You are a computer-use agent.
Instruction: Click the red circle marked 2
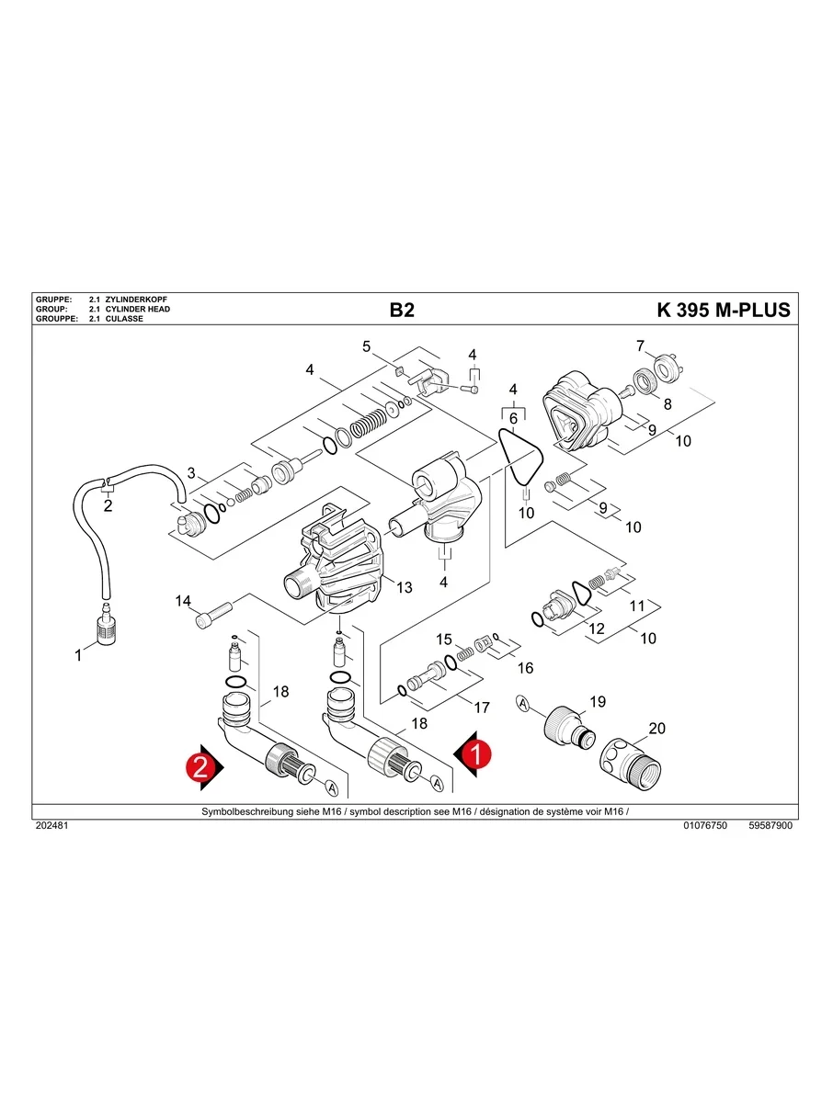tap(200, 768)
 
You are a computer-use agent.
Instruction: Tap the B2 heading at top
tap(402, 311)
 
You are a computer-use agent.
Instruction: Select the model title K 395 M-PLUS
tap(724, 311)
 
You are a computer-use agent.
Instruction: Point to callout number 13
tap(405, 588)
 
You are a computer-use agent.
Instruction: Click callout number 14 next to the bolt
tap(183, 601)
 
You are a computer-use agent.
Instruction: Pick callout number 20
tap(656, 730)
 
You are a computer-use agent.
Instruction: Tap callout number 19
tap(598, 702)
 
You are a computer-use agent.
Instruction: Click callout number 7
tap(641, 346)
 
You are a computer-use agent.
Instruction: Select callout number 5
tap(366, 346)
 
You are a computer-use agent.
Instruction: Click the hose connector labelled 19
tap(562, 727)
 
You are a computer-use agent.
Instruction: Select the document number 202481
tap(51, 826)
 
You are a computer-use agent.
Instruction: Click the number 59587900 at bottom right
tap(770, 826)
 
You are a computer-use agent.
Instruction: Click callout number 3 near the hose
tap(191, 474)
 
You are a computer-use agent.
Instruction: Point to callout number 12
tap(597, 629)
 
